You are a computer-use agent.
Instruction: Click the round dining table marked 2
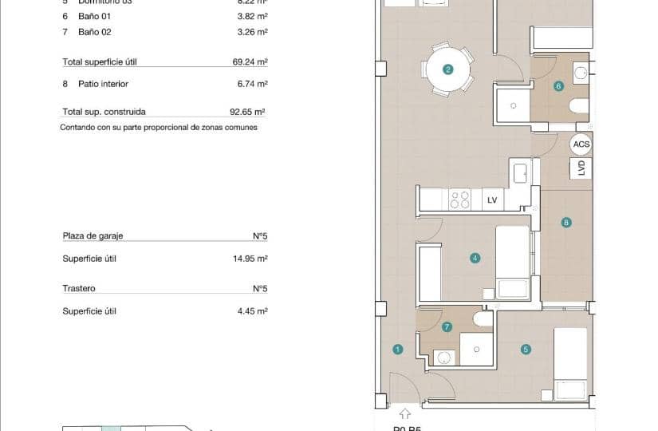(447, 69)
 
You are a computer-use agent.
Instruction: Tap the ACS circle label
(581, 144)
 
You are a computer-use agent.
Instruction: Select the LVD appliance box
(582, 168)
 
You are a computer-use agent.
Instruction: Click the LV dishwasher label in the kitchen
(492, 200)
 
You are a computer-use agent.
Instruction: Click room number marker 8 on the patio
(565, 223)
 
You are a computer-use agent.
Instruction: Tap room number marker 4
(475, 258)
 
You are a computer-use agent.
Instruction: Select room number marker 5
(526, 349)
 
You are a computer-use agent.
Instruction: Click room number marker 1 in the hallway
(397, 349)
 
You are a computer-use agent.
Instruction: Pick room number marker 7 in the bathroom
(447, 326)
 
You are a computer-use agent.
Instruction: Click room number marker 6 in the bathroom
(558, 85)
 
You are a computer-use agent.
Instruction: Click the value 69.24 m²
(252, 61)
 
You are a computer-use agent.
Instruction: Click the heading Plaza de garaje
(93, 236)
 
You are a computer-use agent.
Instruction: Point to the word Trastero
(79, 288)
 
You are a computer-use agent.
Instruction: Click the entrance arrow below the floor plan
(404, 413)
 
